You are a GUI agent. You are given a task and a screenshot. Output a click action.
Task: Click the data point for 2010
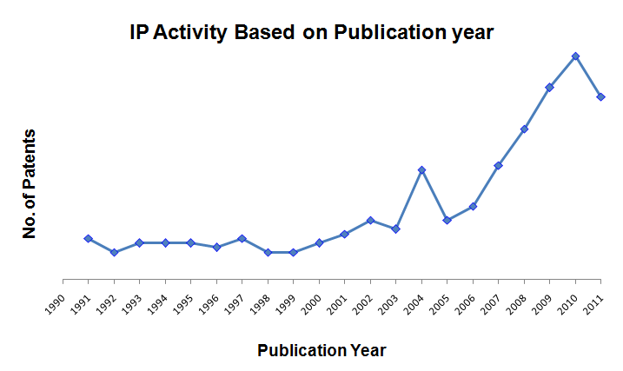click(x=575, y=56)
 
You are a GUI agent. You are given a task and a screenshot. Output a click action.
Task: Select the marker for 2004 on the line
click(x=421, y=169)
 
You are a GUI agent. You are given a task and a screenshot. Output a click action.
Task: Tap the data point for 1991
click(x=88, y=238)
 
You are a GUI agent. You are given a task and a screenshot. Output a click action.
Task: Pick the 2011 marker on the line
click(x=600, y=96)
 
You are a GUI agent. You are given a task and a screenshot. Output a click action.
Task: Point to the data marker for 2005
click(x=447, y=220)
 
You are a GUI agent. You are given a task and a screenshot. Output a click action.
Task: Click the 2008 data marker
click(x=524, y=129)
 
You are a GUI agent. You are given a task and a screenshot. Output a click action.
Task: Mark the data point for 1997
click(x=242, y=238)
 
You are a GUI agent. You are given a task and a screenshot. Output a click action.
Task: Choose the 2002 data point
click(x=370, y=220)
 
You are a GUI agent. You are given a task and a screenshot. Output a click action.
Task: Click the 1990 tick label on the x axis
click(x=55, y=301)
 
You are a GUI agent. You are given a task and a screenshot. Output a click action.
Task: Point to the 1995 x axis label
click(x=182, y=301)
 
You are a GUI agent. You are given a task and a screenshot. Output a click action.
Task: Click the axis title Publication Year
click(x=321, y=350)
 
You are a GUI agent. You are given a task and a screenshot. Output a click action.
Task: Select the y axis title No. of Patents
click(x=30, y=183)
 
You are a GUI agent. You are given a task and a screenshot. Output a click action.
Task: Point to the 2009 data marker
click(x=549, y=87)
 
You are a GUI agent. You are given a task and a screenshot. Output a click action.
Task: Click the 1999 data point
click(x=293, y=252)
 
